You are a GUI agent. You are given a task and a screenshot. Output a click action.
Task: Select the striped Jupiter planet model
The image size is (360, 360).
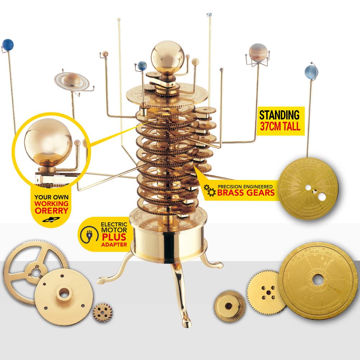[258, 51]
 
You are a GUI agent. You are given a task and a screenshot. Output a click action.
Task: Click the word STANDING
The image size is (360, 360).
[279, 115]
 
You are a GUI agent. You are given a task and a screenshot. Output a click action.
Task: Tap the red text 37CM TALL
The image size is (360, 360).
[279, 126]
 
